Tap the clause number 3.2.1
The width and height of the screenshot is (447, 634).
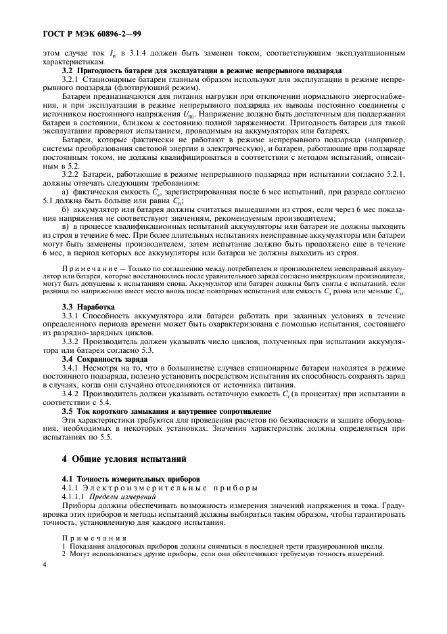pos(71,79)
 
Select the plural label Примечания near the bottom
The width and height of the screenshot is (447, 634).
pos(91,538)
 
